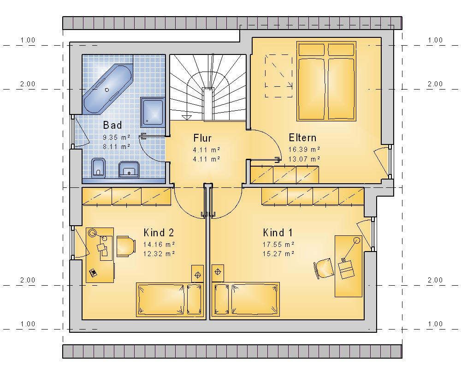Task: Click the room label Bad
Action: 112,125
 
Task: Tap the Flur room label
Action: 202,138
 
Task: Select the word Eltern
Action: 302,138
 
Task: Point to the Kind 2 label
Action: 159,233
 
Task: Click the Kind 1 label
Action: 278,233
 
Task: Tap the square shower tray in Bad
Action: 152,113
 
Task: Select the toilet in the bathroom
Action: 99,168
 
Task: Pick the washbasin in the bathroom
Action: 129,169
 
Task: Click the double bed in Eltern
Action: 326,81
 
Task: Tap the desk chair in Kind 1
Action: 324,268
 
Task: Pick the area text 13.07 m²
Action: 304,159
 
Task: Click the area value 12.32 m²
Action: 159,253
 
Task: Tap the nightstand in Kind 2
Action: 198,274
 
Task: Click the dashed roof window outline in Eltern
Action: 279,76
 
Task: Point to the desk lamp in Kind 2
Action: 93,233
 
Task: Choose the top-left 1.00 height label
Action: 28,40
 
